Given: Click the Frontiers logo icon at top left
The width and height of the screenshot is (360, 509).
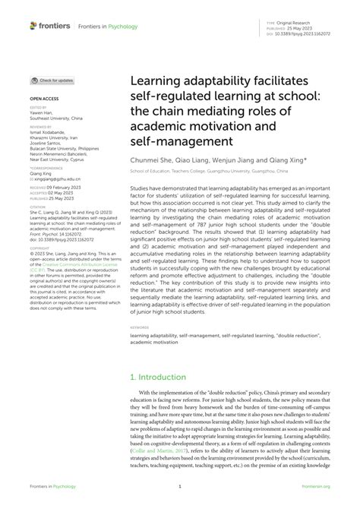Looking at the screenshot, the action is (33, 25).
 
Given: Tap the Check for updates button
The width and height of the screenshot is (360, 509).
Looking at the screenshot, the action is (52, 80).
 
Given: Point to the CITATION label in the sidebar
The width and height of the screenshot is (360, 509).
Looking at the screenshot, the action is (40, 206).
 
